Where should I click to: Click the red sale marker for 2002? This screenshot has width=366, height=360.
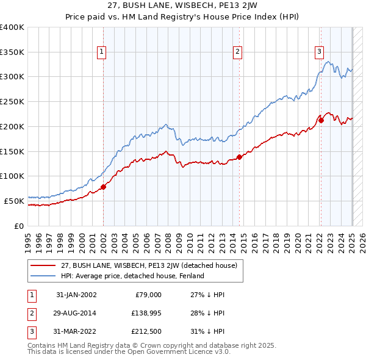(x=103, y=187)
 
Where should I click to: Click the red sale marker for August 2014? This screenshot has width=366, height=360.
(x=239, y=157)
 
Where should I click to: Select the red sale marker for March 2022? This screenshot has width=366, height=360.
(x=321, y=120)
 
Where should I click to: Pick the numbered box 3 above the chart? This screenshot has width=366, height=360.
(x=319, y=52)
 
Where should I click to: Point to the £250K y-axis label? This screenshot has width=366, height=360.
(x=12, y=101)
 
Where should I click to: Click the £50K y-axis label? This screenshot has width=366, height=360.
(x=14, y=200)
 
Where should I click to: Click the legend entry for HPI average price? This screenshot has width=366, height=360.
(x=132, y=276)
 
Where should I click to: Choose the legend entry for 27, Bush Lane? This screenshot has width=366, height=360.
(x=152, y=265)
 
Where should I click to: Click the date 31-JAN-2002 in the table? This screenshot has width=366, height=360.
(x=76, y=295)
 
